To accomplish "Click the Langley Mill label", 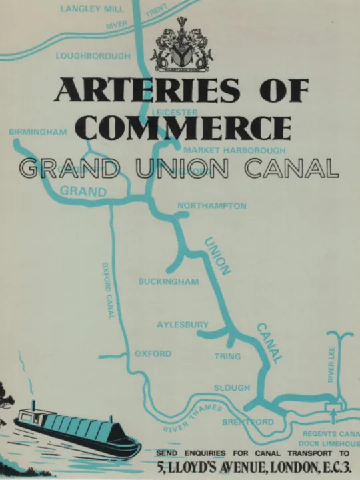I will click(x=91, y=9).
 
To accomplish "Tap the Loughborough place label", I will click(x=93, y=56).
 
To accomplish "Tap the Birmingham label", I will click(x=38, y=132).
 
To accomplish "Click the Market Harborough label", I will click(x=234, y=151).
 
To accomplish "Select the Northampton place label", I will click(x=211, y=206).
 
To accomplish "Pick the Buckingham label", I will click(x=169, y=282).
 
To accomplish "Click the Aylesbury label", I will click(x=183, y=325).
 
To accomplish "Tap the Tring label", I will click(x=227, y=357).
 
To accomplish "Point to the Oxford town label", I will click(x=153, y=354).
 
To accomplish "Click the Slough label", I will click(x=232, y=387).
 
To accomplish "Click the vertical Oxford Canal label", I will click(x=107, y=290).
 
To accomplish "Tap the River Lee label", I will click(x=331, y=364).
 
